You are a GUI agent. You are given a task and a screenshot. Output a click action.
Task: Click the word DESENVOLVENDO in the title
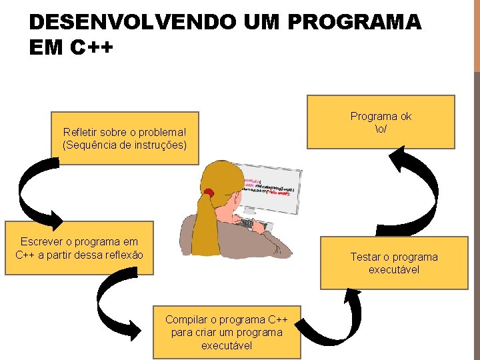(x=132, y=22)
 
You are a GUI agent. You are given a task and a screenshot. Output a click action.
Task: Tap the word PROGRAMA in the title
(x=354, y=22)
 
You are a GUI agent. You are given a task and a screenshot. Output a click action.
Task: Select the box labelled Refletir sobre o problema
(x=125, y=137)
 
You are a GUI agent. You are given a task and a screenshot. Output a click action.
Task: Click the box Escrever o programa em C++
(x=79, y=247)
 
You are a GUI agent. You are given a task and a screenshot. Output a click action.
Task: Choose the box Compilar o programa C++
(x=227, y=332)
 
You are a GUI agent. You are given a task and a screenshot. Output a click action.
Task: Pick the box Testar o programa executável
(x=394, y=263)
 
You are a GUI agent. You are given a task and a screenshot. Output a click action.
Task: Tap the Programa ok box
(x=381, y=121)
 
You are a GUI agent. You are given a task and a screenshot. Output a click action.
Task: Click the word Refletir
(x=79, y=132)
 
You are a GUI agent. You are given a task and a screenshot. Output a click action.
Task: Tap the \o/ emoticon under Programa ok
(x=381, y=128)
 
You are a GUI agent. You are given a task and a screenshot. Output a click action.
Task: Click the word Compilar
(x=185, y=319)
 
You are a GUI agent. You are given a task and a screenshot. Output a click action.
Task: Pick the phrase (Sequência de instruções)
(x=125, y=144)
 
